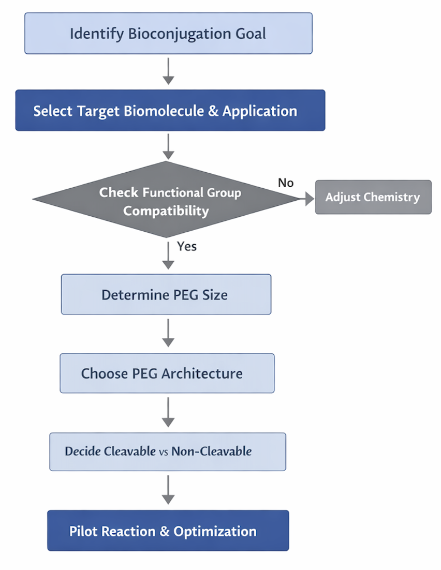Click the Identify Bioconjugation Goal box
coord(168,34)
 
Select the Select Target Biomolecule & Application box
coord(170,111)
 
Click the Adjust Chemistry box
coord(373,197)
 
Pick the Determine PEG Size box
coord(166,295)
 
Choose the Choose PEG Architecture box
coord(167,373)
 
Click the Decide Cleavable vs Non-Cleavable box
coord(167,452)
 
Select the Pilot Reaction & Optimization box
coord(168,531)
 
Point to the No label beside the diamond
coord(286,183)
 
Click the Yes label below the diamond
coord(187,246)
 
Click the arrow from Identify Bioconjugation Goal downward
coord(168,71)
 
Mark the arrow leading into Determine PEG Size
coord(168,256)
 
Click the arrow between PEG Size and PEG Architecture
coord(168,334)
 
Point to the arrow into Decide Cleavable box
coord(168,412)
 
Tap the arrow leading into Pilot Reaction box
coord(168,490)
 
